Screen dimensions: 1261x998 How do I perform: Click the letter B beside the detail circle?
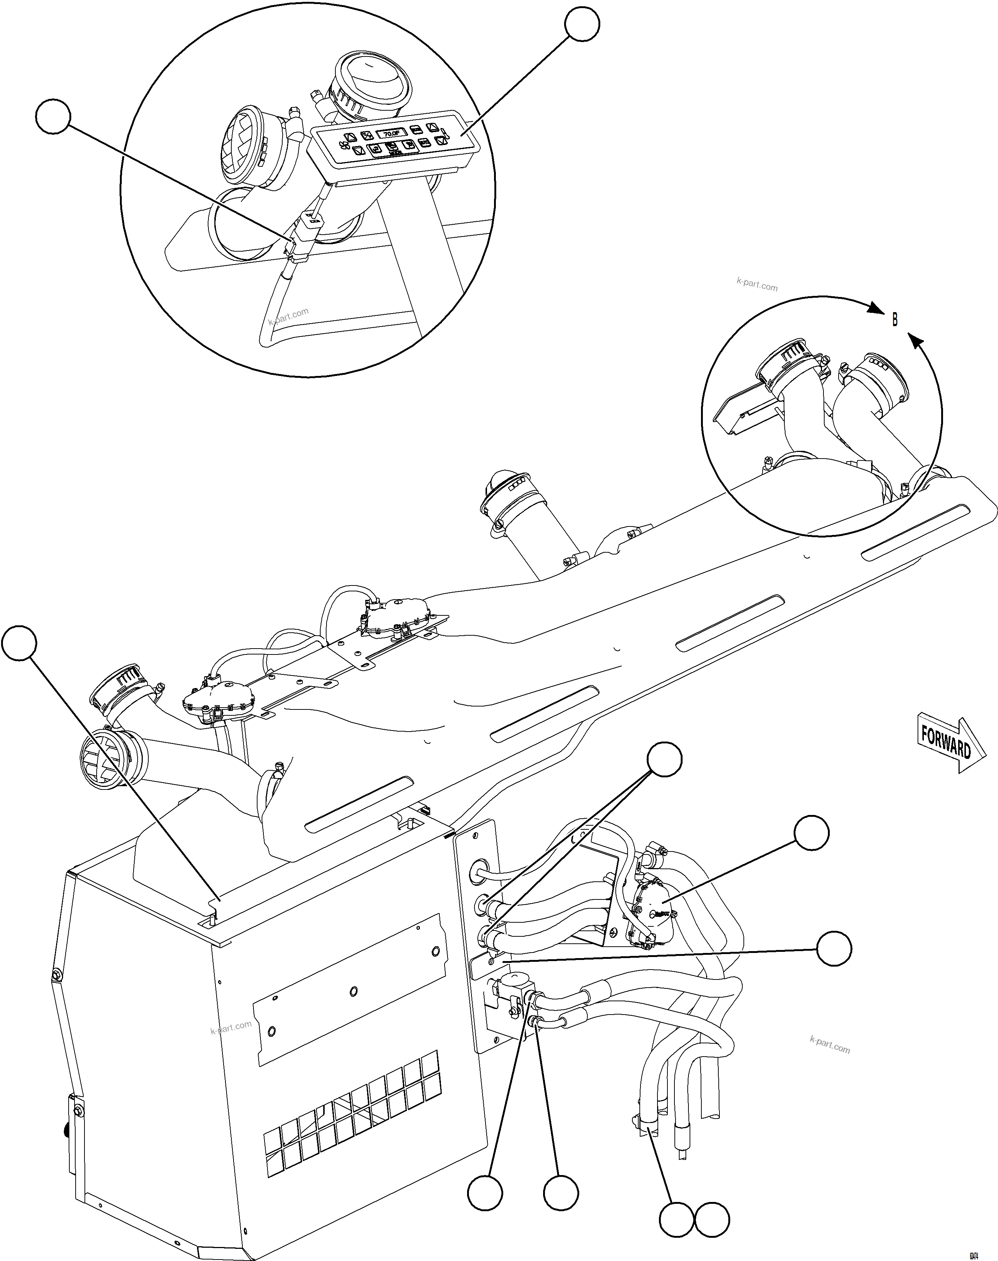click(895, 319)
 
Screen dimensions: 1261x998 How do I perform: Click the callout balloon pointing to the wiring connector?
click(53, 117)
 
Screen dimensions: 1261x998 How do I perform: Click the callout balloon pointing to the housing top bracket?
click(19, 644)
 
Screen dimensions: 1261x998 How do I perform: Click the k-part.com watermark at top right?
click(757, 286)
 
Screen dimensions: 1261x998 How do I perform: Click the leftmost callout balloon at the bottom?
click(485, 1193)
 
